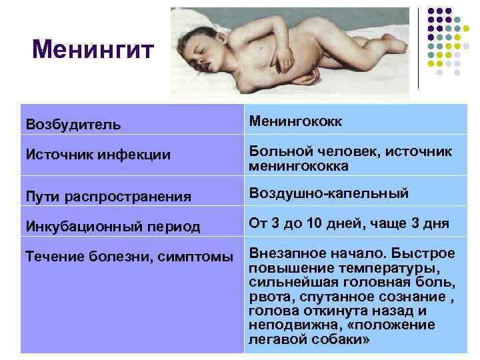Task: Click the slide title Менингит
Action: point(93,49)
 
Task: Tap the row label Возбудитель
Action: point(73,125)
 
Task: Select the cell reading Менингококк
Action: point(296,121)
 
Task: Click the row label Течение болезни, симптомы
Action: point(129,256)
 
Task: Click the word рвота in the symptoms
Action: point(265,297)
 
